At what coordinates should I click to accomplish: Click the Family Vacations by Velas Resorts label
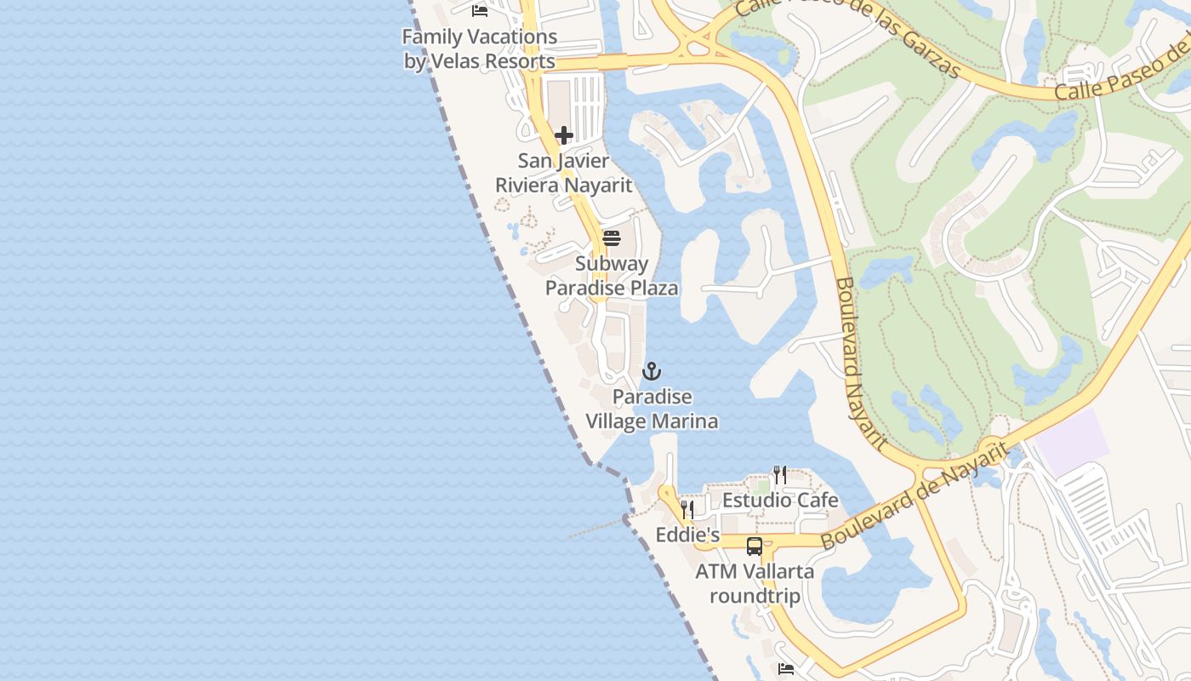(x=480, y=49)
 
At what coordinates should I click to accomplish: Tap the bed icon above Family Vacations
(x=480, y=10)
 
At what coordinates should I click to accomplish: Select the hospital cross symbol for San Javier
(x=563, y=135)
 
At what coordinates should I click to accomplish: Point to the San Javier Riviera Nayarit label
(x=564, y=173)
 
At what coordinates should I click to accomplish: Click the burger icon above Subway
(x=611, y=238)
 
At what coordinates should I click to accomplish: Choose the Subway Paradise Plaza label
(x=611, y=276)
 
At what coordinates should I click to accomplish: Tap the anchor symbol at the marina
(x=652, y=371)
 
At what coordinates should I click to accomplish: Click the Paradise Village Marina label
(x=652, y=409)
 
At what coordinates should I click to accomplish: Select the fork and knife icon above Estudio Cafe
(x=779, y=474)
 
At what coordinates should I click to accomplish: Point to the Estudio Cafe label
(x=780, y=500)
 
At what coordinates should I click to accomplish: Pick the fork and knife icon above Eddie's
(x=687, y=510)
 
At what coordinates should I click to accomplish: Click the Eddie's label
(x=687, y=535)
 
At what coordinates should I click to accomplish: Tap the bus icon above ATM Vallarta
(x=755, y=547)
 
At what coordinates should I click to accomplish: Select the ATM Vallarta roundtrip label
(x=755, y=583)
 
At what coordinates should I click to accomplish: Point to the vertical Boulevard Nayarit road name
(x=859, y=362)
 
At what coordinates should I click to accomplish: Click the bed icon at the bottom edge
(x=786, y=669)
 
